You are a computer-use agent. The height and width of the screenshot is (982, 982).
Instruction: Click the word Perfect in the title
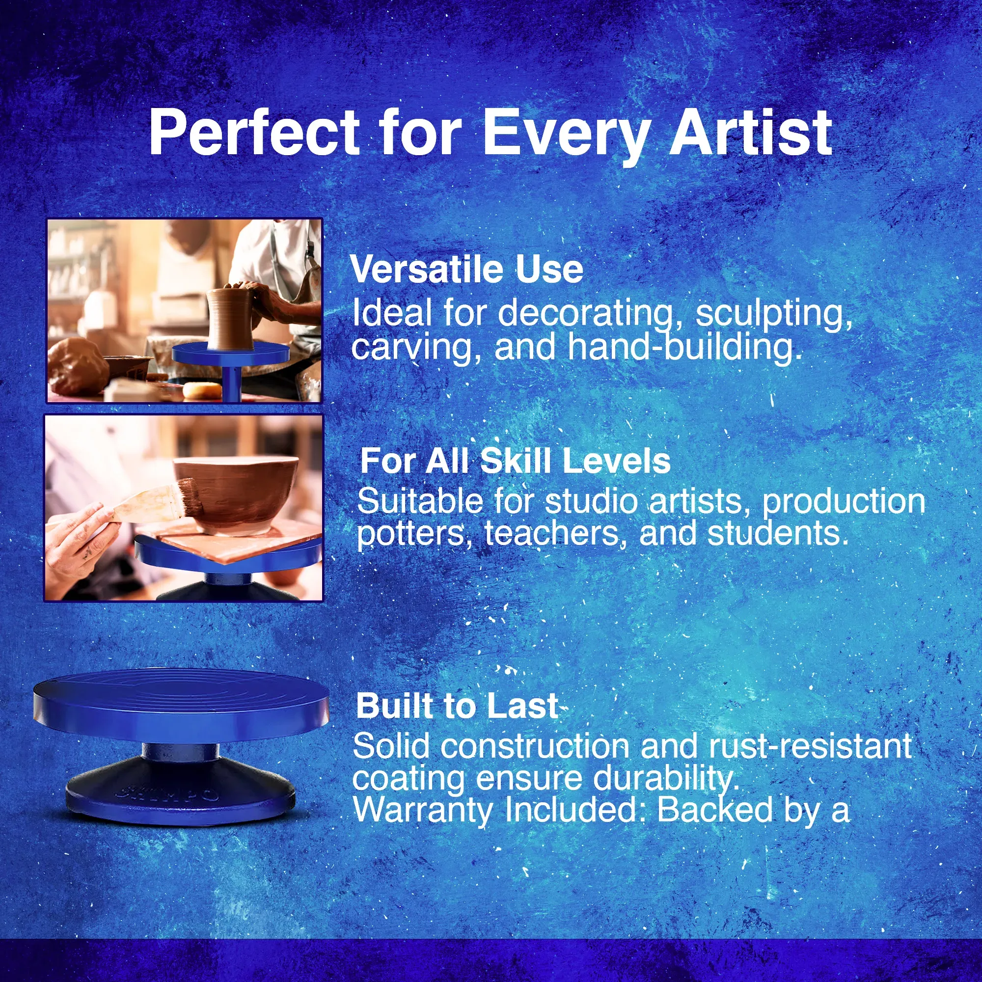click(x=255, y=133)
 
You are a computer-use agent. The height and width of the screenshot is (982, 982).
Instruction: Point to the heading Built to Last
click(x=457, y=706)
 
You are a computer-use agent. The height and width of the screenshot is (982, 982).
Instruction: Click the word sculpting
click(x=774, y=315)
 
